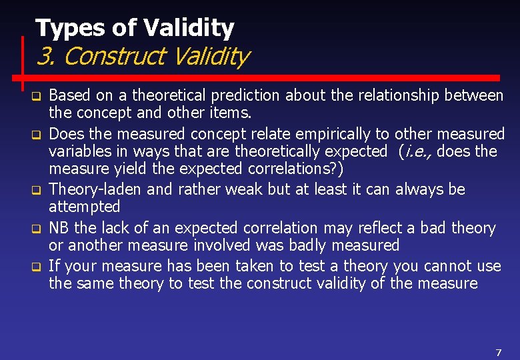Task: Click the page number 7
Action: (498, 352)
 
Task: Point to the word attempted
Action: (84, 207)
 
